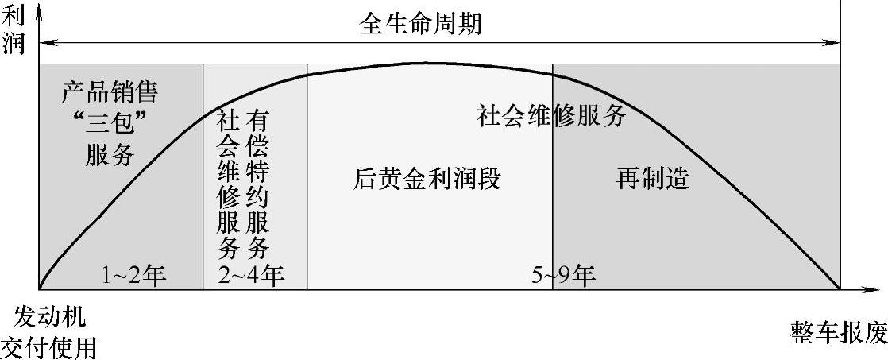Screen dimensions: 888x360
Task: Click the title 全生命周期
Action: (421, 23)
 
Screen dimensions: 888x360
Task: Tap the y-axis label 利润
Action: (14, 29)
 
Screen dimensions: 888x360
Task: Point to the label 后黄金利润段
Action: (427, 179)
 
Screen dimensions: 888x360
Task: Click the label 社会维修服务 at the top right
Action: (552, 117)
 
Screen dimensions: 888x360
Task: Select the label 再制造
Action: (652, 179)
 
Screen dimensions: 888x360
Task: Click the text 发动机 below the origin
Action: (50, 318)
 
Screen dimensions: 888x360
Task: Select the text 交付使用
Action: (49, 346)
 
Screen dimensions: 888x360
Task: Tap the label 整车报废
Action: (839, 333)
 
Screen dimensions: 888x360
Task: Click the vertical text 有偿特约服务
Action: (257, 184)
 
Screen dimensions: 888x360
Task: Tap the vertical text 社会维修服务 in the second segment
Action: (227, 184)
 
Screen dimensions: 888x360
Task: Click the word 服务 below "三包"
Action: (110, 153)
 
